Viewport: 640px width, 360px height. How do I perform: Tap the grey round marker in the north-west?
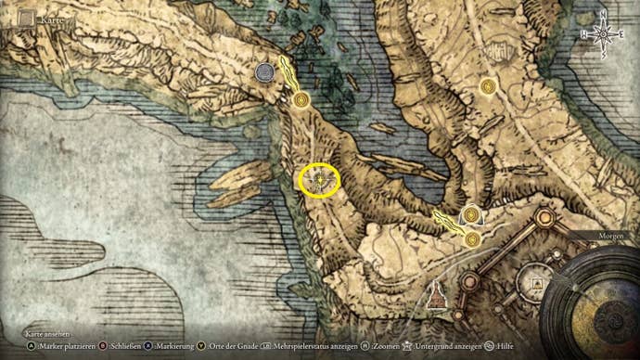(265, 71)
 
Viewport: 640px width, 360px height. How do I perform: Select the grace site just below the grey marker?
(300, 99)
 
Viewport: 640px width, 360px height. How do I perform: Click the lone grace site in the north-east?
(488, 86)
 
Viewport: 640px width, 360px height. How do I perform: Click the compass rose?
(603, 34)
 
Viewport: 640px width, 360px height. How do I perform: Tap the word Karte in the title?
(52, 18)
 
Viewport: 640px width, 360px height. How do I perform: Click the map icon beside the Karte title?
(27, 18)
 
